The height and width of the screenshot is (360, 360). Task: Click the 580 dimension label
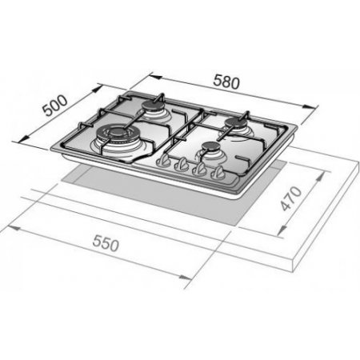(226, 82)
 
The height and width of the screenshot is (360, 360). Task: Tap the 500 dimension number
(55, 106)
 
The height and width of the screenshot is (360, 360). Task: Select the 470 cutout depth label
(291, 198)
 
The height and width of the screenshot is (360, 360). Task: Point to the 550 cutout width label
(106, 244)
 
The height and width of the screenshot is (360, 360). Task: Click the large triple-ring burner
(116, 134)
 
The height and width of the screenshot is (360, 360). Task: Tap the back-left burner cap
(153, 106)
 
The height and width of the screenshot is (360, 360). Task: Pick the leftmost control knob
(163, 162)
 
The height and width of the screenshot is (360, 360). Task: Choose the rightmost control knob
(218, 173)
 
